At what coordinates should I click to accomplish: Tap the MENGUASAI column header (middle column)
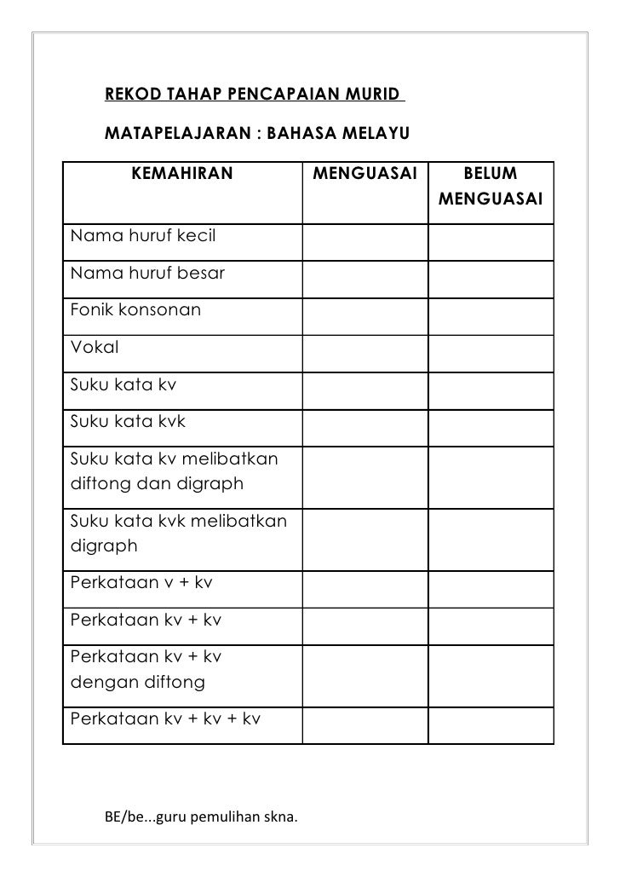click(365, 175)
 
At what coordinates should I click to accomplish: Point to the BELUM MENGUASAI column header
click(490, 187)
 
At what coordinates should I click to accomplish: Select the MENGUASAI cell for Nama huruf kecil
click(365, 240)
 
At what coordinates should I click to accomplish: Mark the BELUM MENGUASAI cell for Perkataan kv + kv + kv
click(490, 722)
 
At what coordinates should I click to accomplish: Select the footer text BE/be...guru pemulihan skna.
click(201, 818)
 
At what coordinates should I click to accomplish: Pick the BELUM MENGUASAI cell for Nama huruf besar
click(490, 278)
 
